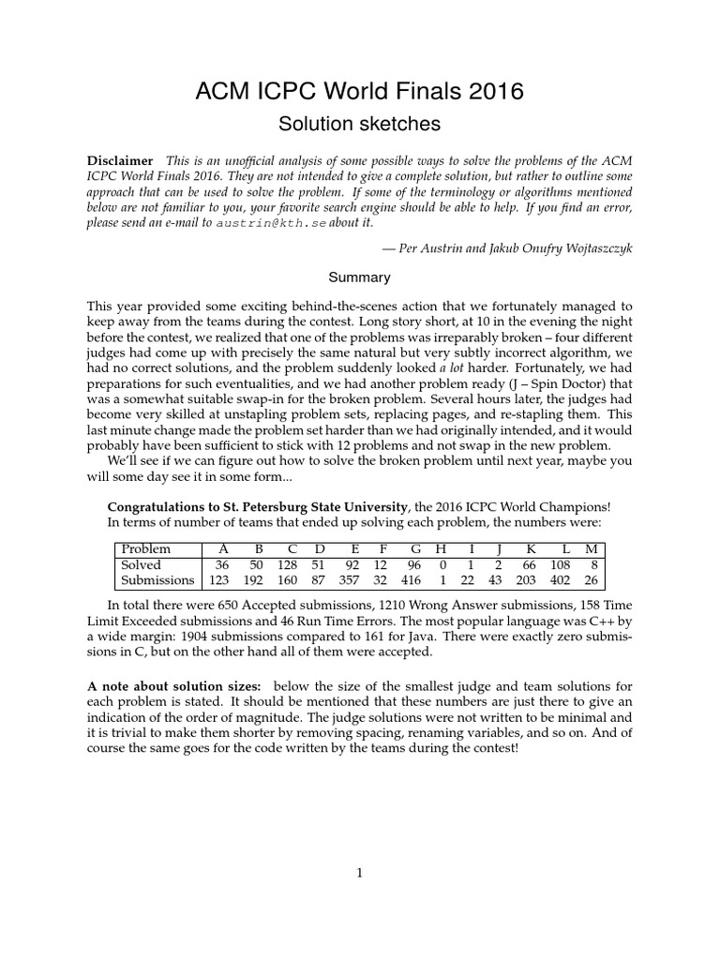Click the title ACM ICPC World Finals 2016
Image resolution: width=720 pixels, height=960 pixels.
coord(360,92)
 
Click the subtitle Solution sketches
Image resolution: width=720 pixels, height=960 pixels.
coord(360,123)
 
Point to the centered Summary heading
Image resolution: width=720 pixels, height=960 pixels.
coord(359,277)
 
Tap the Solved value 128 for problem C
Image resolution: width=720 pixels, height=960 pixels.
coord(292,564)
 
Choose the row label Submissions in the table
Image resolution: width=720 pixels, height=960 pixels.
coord(157,580)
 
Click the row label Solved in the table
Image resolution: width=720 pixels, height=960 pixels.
coord(141,564)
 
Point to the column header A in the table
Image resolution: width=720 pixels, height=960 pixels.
coord(222,548)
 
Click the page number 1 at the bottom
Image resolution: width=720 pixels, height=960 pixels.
coord(359,873)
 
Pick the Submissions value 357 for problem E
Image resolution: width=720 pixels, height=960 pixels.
coord(353,580)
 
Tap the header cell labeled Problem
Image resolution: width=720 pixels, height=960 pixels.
coord(146,548)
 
